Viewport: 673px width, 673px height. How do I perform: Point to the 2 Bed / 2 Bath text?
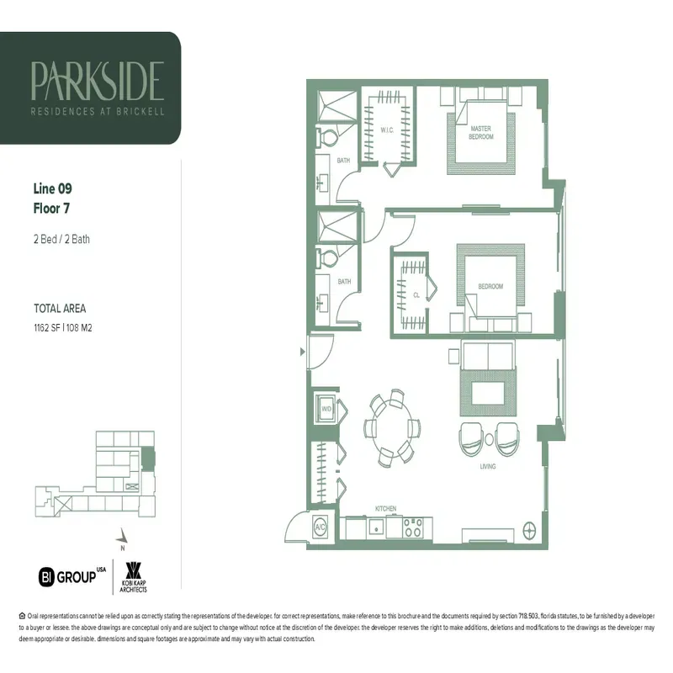61,239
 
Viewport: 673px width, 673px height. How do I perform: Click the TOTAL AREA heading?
60,309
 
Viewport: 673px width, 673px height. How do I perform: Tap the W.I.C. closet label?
387,130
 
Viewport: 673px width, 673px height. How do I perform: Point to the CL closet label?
416,295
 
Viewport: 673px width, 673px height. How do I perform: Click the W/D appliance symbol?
326,409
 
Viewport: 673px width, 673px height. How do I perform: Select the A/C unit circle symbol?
321,527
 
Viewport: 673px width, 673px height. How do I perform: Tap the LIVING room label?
487,466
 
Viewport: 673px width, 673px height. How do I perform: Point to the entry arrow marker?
303,353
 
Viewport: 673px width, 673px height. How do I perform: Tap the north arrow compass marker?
124,534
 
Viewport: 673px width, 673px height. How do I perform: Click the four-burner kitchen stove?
414,527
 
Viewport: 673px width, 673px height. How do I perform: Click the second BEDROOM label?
490,287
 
